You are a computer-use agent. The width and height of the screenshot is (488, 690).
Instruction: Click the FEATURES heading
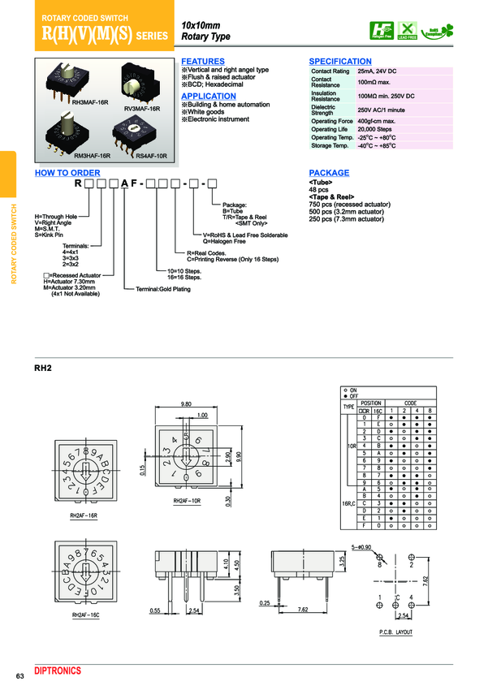[202, 62]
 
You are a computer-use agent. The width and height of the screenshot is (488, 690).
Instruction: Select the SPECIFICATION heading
[340, 62]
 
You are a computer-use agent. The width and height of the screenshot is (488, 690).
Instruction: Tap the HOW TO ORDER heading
[67, 173]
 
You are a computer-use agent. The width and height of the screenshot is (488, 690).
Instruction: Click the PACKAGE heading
[329, 173]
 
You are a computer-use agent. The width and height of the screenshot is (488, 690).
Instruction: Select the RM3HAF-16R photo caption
[92, 154]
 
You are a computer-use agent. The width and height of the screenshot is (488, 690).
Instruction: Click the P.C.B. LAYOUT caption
[395, 632]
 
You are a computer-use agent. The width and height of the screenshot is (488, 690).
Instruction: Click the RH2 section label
[43, 368]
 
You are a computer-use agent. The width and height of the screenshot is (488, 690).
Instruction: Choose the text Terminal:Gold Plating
[163, 289]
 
